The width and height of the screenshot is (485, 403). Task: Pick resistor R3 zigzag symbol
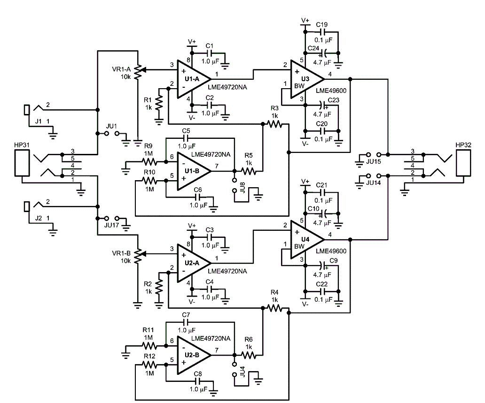274,124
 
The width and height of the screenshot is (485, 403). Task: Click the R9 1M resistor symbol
149,162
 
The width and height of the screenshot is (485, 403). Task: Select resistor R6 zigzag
249,355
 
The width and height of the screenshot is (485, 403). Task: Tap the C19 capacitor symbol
321,32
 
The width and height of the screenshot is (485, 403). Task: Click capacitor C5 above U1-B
186,138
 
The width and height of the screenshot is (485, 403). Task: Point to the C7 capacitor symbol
186,322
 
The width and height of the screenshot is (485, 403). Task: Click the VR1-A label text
122,69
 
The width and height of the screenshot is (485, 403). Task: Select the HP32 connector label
463,145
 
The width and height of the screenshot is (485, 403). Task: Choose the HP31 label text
22,145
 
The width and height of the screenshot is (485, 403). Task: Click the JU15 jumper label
373,162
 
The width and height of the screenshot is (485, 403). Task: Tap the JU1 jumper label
112,126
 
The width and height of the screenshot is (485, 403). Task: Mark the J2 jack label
39,218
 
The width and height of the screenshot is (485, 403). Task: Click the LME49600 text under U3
331,91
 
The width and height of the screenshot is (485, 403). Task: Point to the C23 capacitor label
334,100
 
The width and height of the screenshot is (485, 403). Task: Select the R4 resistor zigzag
274,308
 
